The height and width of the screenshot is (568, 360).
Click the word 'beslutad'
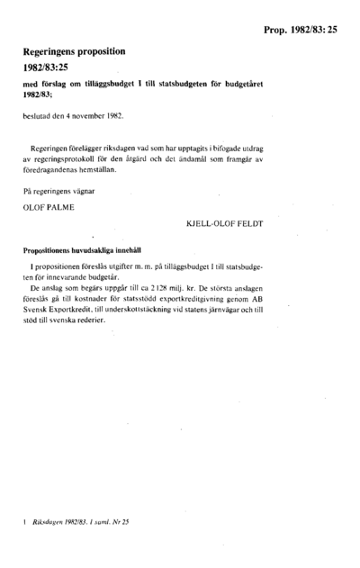[37, 116]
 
